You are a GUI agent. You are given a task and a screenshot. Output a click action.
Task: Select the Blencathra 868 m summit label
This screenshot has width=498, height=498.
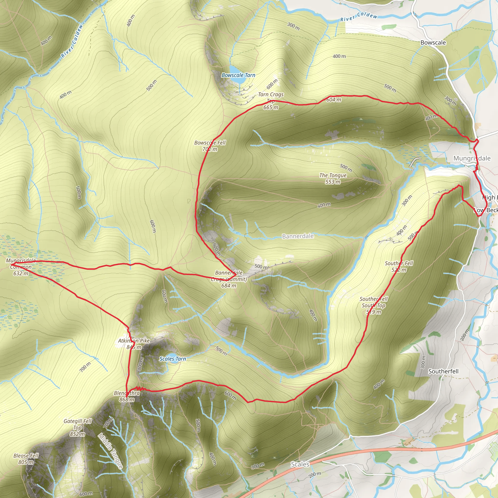click(127, 396)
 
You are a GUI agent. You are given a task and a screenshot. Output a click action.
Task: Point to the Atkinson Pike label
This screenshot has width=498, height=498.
click(134, 344)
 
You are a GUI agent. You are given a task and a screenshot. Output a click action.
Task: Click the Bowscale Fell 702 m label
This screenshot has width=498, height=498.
click(210, 146)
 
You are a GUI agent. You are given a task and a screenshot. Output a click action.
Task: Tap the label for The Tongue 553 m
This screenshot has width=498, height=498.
click(333, 178)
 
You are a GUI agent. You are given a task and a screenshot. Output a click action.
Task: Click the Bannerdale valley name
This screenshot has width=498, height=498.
click(298, 236)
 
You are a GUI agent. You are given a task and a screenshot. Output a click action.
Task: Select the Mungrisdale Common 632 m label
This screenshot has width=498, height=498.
click(21, 267)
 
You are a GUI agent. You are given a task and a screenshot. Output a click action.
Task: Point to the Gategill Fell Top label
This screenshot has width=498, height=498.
click(78, 428)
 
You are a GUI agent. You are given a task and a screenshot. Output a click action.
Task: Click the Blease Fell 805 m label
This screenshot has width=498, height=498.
click(26, 459)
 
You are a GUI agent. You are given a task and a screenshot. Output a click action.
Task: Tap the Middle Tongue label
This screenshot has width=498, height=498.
click(111, 451)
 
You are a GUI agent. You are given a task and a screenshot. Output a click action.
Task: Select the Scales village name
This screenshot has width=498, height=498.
click(300, 464)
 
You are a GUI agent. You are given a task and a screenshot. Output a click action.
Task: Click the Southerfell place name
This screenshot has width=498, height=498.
click(443, 371)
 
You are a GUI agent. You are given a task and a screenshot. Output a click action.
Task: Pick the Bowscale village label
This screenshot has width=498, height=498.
click(433, 43)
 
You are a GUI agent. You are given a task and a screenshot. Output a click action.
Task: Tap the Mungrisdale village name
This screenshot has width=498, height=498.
click(472, 158)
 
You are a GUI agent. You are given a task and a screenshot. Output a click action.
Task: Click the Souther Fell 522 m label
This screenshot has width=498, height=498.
click(399, 266)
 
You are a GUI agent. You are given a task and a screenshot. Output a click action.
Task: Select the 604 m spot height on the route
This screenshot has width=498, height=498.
click(334, 99)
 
